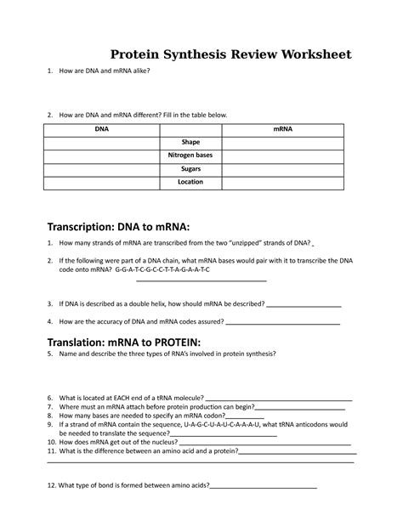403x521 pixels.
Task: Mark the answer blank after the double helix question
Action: pos(304,304)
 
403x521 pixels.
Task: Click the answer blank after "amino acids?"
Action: pos(263,487)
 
